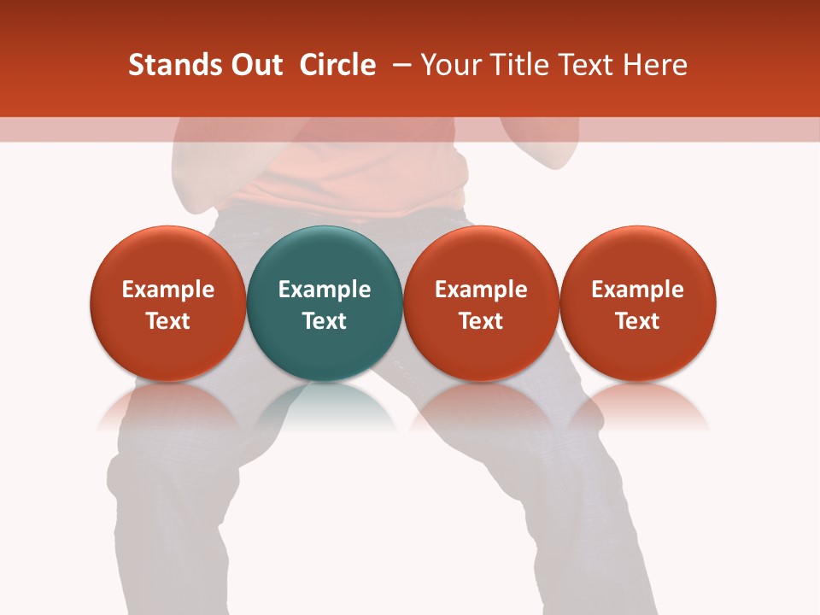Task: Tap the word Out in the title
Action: coord(254,65)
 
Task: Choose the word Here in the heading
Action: coord(653,65)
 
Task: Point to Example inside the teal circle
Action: coord(325,290)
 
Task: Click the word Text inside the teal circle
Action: coord(325,321)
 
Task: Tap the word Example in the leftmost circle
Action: coord(167,290)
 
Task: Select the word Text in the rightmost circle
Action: coord(638,321)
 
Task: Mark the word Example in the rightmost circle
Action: coord(638,290)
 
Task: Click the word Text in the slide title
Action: coord(587,65)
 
